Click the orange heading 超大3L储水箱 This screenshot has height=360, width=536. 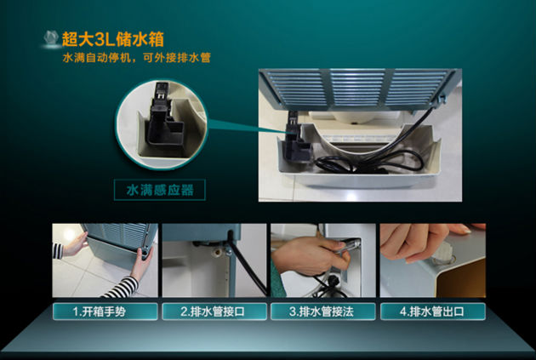[x=113, y=39]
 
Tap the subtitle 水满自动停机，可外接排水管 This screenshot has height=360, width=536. [x=136, y=58]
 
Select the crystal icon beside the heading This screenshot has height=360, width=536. [x=51, y=38]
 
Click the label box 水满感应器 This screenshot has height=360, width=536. [x=160, y=190]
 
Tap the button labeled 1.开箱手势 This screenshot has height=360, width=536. [x=105, y=311]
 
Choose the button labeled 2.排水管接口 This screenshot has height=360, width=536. [x=214, y=311]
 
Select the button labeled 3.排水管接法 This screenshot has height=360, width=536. [x=323, y=311]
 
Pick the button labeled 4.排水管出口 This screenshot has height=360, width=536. [x=432, y=311]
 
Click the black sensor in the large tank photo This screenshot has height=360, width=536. [x=296, y=136]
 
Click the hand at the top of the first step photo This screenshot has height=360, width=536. [x=75, y=245]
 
